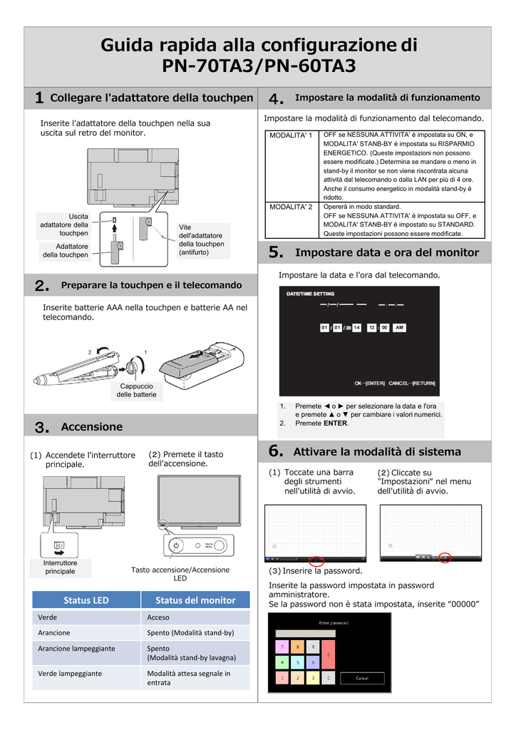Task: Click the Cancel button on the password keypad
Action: pos(362,678)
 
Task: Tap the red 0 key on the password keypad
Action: pos(329,654)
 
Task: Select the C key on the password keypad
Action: pos(328,678)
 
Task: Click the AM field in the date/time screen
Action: pos(399,327)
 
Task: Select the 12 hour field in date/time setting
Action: pos(371,327)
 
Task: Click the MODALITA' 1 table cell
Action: pos(291,135)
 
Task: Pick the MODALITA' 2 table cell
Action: pos(291,207)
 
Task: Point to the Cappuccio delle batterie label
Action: pos(135,389)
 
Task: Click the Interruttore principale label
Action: pos(61,567)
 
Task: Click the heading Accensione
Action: pos(92,426)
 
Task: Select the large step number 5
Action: pos(277,252)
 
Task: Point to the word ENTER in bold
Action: pos(336,423)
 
